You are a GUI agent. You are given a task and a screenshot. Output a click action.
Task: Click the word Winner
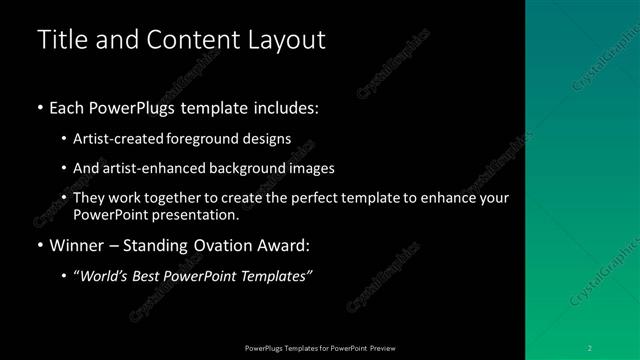[x=74, y=244]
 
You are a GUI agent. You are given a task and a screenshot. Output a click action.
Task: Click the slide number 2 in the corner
[x=589, y=347]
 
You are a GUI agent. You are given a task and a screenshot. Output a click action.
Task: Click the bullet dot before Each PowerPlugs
[x=39, y=107]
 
